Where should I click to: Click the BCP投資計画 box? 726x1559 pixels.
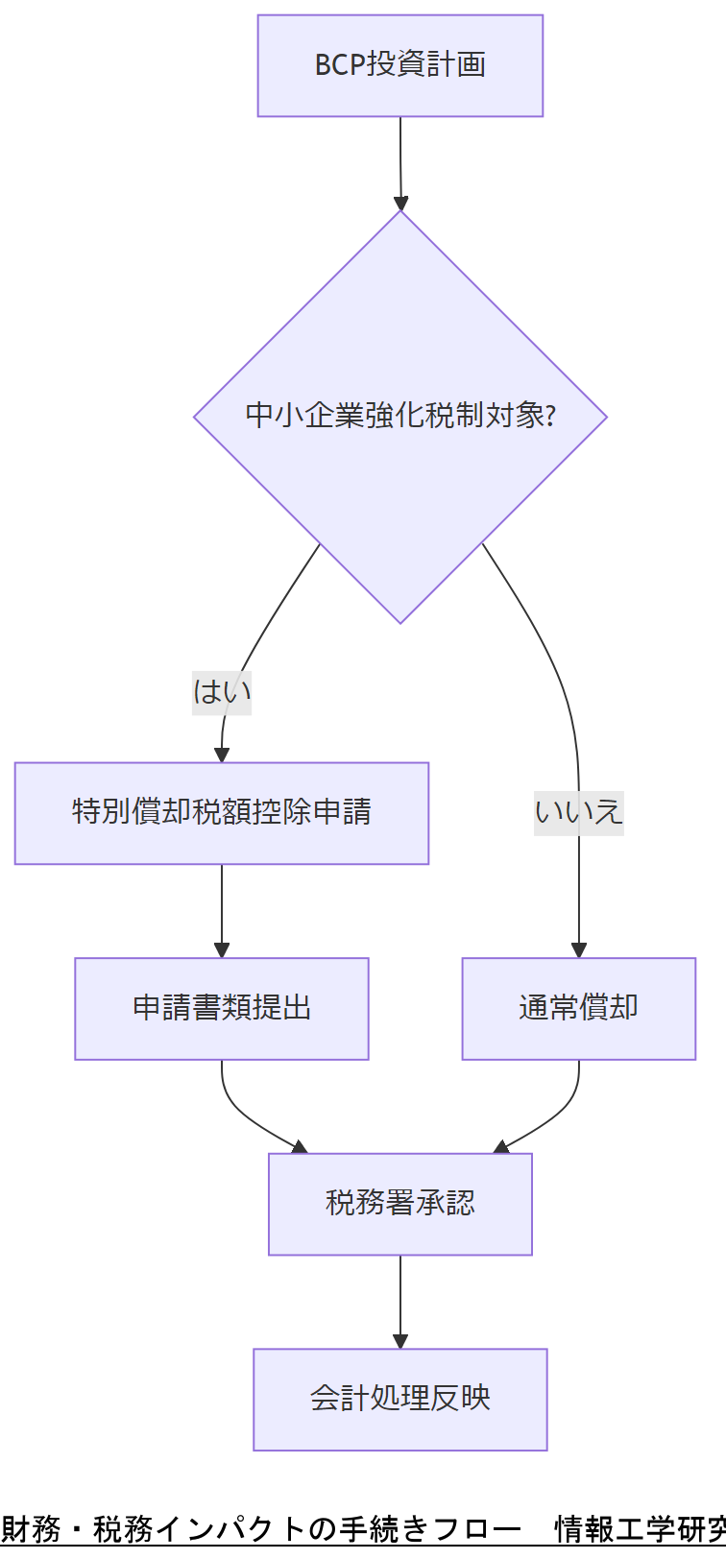pos(399,65)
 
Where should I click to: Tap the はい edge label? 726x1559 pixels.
pos(222,691)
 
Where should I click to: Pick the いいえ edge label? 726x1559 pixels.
pos(579,812)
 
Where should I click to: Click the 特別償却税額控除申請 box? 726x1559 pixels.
pos(221,813)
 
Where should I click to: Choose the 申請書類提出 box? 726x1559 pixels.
pos(221,1008)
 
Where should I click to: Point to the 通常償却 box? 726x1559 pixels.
pos(578,1008)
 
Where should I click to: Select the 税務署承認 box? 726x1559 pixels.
pos(399,1203)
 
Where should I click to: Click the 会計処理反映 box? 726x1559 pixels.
pos(399,1399)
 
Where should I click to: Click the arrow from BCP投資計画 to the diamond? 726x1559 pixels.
pos(400,158)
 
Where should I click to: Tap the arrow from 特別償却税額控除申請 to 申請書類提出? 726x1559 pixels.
pos(222,907)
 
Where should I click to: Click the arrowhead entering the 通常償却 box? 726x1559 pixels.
pos(579,950)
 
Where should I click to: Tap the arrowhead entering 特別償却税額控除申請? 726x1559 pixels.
pos(222,755)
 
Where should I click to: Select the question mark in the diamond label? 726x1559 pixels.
pos(550,416)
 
